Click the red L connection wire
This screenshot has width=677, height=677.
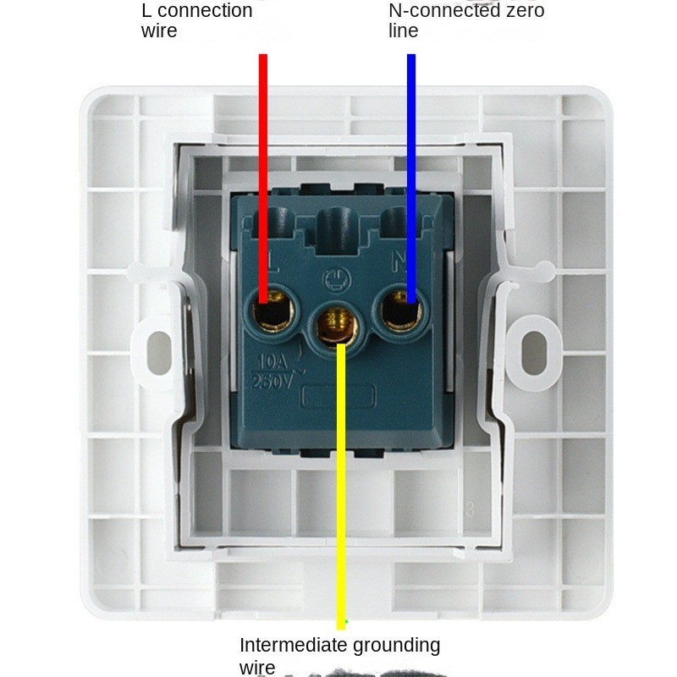(263, 169)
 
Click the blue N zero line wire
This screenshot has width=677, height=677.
(411, 169)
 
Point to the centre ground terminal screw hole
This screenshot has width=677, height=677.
(336, 326)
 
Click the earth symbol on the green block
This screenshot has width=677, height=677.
(332, 277)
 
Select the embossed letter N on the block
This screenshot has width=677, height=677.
(398, 260)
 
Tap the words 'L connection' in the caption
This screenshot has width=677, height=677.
(196, 11)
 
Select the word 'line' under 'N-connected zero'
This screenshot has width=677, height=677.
(404, 31)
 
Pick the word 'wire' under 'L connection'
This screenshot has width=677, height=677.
(158, 31)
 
